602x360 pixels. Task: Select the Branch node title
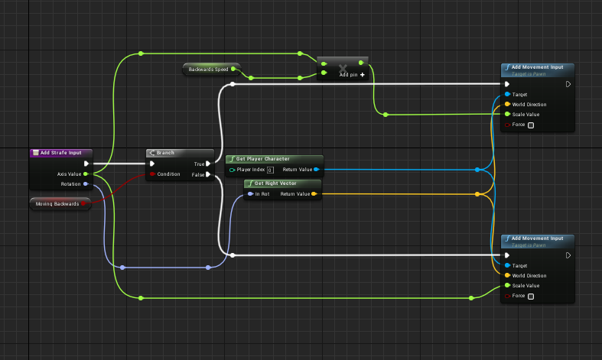coord(167,153)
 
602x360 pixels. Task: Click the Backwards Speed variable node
coord(208,70)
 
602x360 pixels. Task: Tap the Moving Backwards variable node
coord(57,204)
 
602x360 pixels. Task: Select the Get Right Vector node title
coord(276,183)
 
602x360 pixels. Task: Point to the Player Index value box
coord(270,170)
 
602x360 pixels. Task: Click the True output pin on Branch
coord(210,164)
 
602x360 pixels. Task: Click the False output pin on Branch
coord(210,174)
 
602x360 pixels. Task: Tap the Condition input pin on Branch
coord(152,174)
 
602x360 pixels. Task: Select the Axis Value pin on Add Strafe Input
coord(86,174)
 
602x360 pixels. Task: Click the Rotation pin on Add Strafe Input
coord(86,184)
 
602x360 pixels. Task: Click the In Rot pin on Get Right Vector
coord(250,194)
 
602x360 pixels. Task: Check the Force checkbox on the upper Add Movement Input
coord(531,125)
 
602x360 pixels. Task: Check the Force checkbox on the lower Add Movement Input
coord(531,296)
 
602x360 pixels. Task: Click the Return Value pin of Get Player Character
coord(317,170)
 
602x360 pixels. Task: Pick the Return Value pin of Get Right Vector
coord(314,194)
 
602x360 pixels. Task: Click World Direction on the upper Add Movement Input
coord(506,105)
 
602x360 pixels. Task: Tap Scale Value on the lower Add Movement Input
coord(506,285)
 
